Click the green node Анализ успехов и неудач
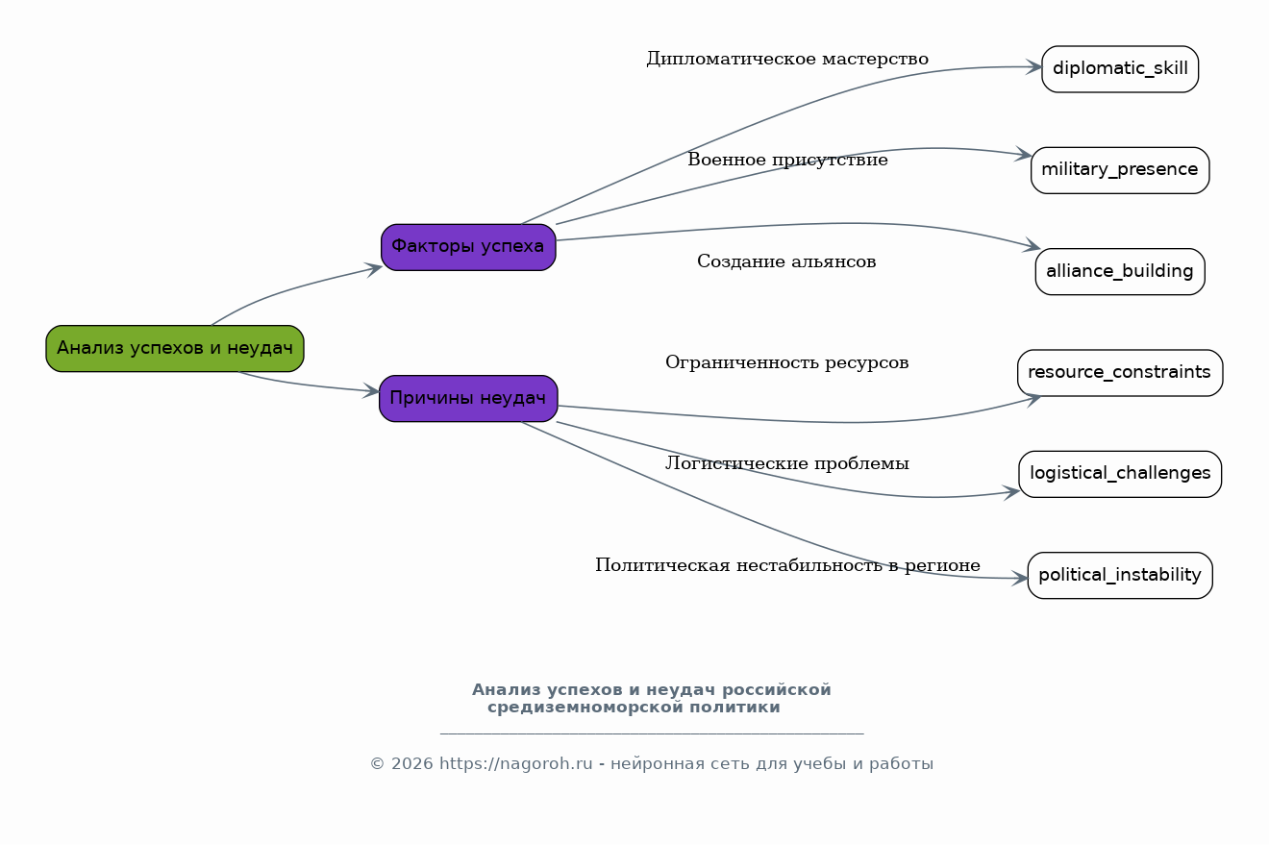[175, 348]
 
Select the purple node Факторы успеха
[468, 247]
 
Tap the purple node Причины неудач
[468, 398]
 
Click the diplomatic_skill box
[1120, 69]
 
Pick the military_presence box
[1120, 170]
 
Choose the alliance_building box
[1120, 271]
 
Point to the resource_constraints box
[1120, 373]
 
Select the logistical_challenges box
[1120, 474]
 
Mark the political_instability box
[1120, 575]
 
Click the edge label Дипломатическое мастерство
[787, 60]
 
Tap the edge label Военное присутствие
[787, 161]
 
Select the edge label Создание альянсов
[786, 261]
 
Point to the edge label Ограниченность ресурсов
[786, 363]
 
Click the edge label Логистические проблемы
[786, 464]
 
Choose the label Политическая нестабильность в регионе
[787, 565]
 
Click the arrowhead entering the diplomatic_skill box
[1034, 67]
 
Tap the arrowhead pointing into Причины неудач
[371, 391]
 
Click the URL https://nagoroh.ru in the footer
[515, 764]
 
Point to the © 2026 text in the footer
[401, 764]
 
